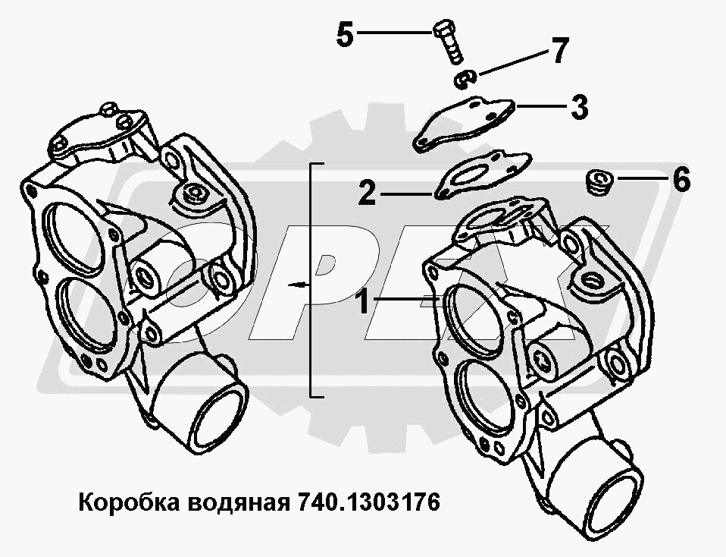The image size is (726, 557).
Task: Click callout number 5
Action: point(345,34)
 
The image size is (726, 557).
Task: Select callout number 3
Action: point(579,107)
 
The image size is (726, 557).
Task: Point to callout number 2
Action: point(367,193)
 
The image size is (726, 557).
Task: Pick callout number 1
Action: point(363,302)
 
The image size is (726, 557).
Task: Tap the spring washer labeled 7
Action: point(464,79)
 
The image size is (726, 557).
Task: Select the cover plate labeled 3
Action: point(464,124)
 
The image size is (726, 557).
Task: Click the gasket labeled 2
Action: point(481,175)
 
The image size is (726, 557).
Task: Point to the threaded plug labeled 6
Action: point(599,182)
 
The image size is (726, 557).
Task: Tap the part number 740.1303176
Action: point(368,502)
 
